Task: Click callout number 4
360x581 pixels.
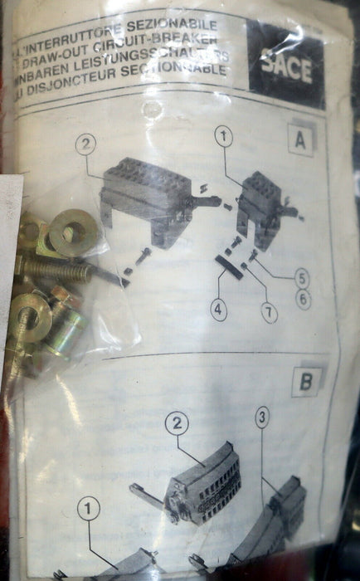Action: tap(217, 311)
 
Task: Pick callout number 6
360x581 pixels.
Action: tap(303, 300)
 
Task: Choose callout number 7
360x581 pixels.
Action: tap(267, 314)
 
